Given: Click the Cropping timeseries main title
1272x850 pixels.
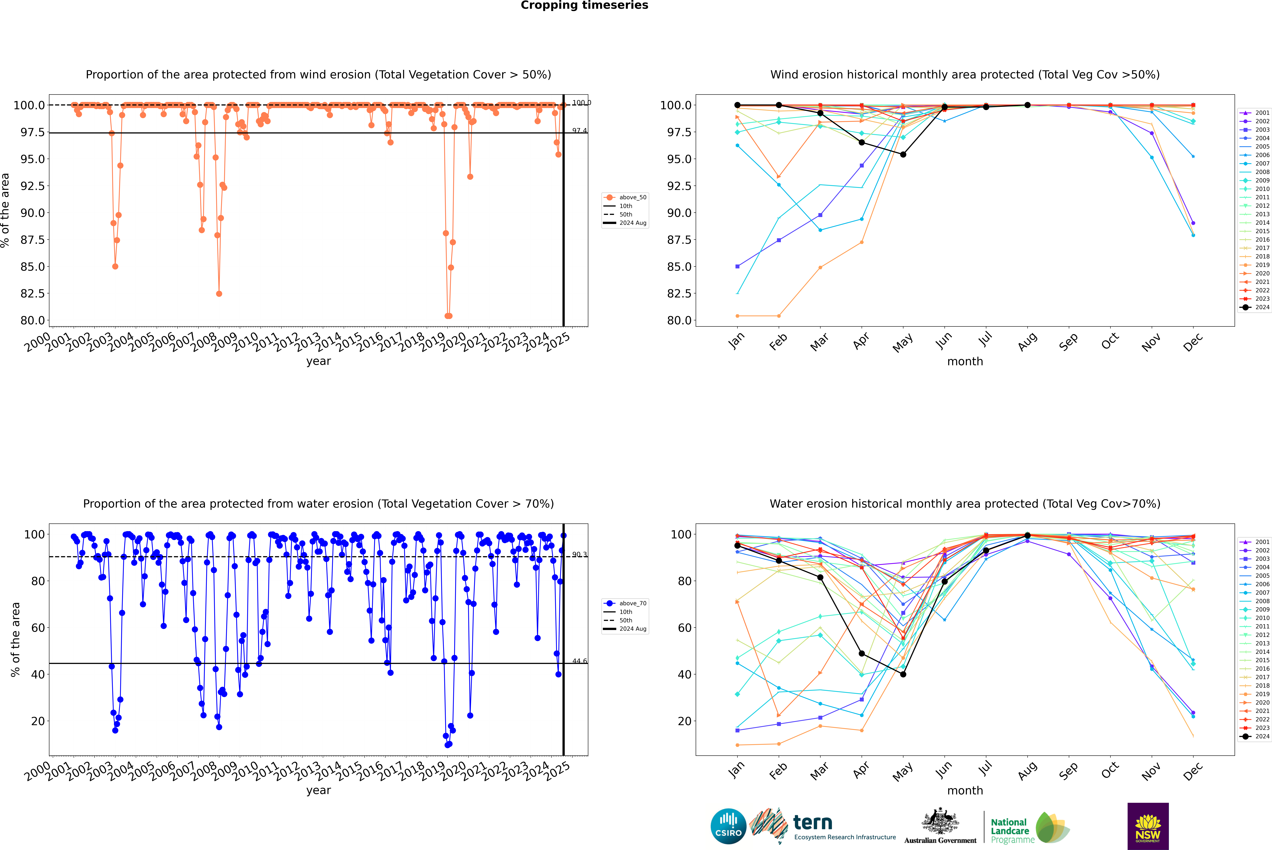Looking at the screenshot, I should pyautogui.click(x=584, y=5).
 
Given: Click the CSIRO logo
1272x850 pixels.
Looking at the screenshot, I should pyautogui.click(x=728, y=826).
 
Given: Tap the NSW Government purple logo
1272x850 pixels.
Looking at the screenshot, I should pyautogui.click(x=1148, y=826).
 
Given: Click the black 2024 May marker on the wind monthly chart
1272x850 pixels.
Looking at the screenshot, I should pyautogui.click(x=903, y=154).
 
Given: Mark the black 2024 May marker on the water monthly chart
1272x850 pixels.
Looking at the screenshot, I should pyautogui.click(x=903, y=674).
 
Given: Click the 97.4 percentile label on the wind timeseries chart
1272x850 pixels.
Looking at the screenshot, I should pyautogui.click(x=579, y=131).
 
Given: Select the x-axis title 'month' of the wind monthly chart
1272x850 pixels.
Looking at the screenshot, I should pyautogui.click(x=965, y=362).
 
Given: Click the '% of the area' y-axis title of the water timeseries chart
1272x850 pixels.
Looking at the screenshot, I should pyautogui.click(x=15, y=640).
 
